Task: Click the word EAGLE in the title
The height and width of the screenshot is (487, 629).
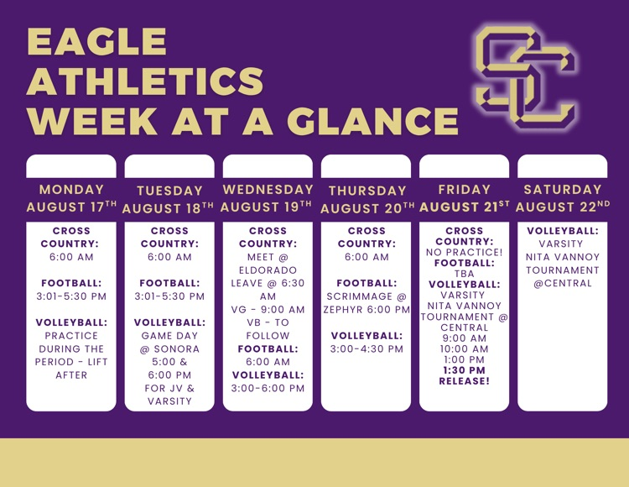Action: click(96, 41)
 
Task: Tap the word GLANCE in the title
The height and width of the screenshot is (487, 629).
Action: click(372, 120)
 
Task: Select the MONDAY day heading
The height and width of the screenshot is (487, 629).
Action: click(71, 190)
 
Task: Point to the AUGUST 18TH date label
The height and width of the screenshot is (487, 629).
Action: click(168, 208)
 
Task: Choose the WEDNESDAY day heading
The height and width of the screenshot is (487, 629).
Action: click(268, 190)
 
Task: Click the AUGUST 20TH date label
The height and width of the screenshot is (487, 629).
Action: click(367, 208)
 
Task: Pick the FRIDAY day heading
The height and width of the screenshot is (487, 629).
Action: click(464, 190)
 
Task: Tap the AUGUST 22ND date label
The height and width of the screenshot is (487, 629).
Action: click(563, 207)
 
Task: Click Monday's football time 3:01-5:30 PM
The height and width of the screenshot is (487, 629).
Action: click(71, 296)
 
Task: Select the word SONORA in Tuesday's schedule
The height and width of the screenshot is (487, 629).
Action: click(176, 349)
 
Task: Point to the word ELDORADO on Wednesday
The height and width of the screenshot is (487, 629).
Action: click(268, 270)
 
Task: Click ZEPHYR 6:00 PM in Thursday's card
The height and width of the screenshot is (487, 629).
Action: click(366, 310)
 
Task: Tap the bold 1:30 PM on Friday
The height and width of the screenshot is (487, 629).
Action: click(464, 370)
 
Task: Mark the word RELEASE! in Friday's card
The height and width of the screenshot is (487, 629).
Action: click(464, 381)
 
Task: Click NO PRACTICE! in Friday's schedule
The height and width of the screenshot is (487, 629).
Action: click(464, 252)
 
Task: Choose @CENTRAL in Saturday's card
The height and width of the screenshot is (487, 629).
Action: click(563, 284)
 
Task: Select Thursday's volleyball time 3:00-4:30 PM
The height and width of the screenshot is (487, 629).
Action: click(366, 349)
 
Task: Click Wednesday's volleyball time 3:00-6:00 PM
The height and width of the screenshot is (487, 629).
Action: click(268, 388)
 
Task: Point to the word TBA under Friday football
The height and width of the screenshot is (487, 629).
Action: click(464, 274)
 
